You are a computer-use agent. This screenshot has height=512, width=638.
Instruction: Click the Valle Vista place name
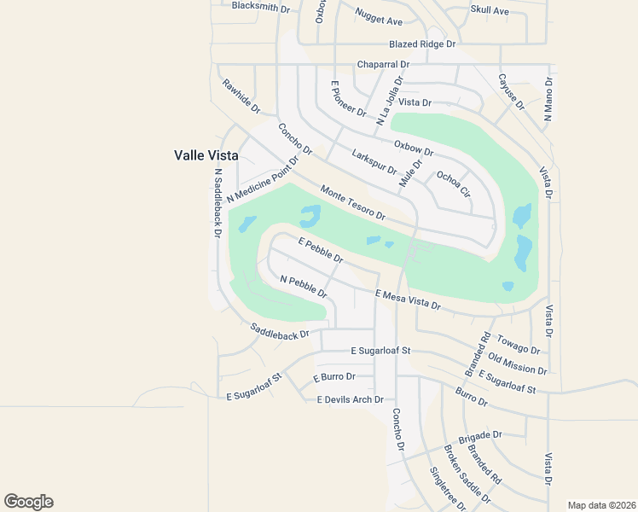(x=206, y=155)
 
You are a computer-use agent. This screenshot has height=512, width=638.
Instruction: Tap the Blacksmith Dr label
(x=261, y=5)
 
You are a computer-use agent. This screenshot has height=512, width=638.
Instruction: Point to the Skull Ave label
(x=490, y=10)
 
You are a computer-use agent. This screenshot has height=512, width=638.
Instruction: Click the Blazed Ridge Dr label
(x=422, y=44)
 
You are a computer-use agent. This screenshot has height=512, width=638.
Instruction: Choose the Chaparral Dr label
(x=383, y=64)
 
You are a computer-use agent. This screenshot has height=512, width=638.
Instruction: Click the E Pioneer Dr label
(x=348, y=99)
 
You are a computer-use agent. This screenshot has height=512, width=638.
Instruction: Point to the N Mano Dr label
(x=548, y=99)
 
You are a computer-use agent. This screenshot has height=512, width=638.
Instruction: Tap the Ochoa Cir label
(x=453, y=183)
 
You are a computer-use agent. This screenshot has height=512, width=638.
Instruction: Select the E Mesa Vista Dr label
(x=408, y=299)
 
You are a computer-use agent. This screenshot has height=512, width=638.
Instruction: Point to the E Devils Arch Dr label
(x=351, y=399)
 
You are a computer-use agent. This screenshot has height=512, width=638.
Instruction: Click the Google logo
(x=28, y=502)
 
